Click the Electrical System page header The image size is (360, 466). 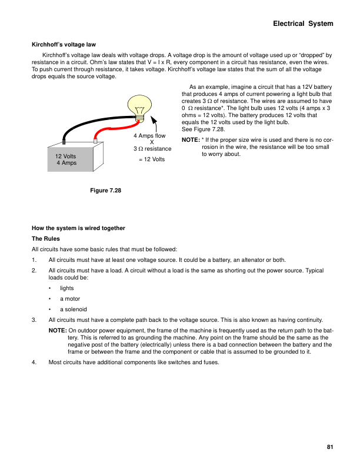pyautogui.click(x=303, y=24)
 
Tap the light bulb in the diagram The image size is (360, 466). pyautogui.click(x=139, y=106)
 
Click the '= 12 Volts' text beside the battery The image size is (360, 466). pyautogui.click(x=151, y=159)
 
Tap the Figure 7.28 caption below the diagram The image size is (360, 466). pyautogui.click(x=105, y=190)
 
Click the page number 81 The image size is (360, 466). pyautogui.click(x=330, y=447)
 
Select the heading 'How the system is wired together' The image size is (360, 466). pyautogui.click(x=78, y=228)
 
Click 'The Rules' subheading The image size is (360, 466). pyautogui.click(x=45, y=239)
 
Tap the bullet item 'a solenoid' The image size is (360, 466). pyautogui.click(x=73, y=309)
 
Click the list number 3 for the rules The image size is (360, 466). pyautogui.click(x=35, y=319)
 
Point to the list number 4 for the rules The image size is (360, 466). pyautogui.click(x=35, y=362)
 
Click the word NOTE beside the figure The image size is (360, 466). pyautogui.click(x=190, y=140)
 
